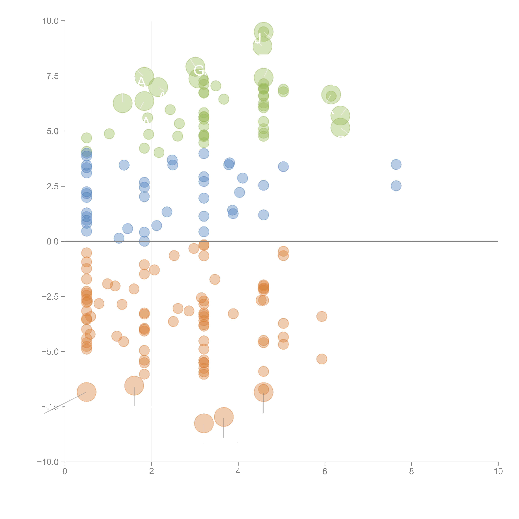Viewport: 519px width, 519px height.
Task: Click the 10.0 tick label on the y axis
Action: pos(51,21)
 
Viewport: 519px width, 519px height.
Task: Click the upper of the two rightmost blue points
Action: pos(396,164)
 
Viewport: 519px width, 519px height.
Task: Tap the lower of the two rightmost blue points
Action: pos(396,186)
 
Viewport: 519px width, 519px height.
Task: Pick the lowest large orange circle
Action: pos(204,423)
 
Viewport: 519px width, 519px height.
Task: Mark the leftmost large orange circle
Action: pos(86,392)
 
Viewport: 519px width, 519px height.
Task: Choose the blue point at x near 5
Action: pos(283,167)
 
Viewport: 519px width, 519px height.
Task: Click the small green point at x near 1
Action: pos(109,133)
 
